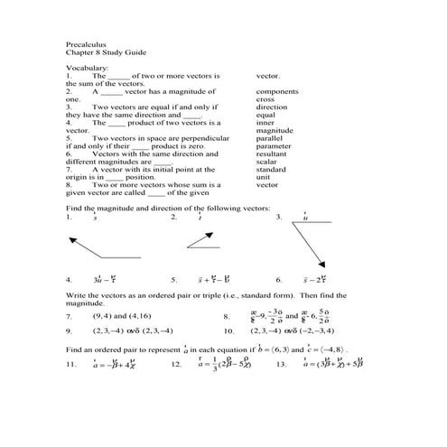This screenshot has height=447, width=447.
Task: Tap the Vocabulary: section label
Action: pos(88,68)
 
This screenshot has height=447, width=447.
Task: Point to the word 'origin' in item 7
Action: pos(79,177)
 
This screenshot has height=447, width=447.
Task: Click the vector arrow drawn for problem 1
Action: pos(99,247)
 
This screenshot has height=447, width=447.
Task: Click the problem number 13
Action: pos(281,364)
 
